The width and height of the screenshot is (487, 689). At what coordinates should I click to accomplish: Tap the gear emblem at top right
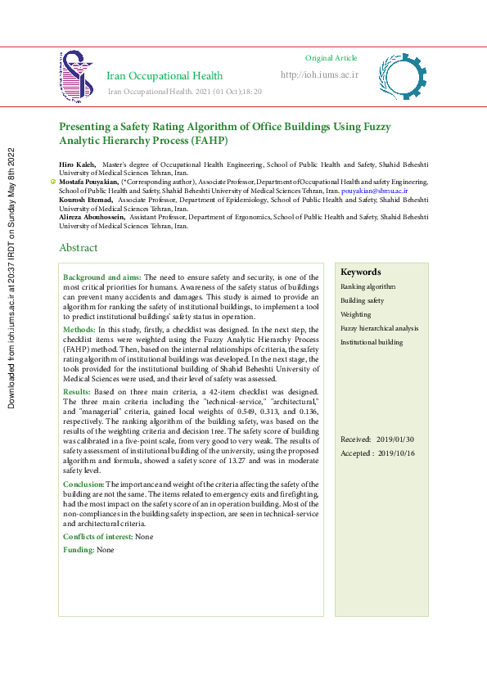click(x=402, y=77)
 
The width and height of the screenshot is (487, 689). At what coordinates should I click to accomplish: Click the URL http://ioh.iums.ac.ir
click(x=319, y=74)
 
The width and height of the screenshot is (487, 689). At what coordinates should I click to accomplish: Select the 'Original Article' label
click(x=331, y=58)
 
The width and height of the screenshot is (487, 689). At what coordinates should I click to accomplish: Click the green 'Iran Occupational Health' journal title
click(x=165, y=76)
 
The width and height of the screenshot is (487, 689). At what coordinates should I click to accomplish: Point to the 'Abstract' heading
click(x=78, y=248)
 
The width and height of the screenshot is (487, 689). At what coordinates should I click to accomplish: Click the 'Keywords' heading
click(x=360, y=272)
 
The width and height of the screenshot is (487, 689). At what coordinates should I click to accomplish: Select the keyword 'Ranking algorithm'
click(x=368, y=286)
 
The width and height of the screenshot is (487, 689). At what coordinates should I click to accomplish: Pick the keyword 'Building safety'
click(x=362, y=300)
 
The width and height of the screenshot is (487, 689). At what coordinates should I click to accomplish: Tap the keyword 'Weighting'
click(x=355, y=314)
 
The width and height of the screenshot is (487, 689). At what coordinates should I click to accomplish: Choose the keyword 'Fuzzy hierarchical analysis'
click(x=379, y=328)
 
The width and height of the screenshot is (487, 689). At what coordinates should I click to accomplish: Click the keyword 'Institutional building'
click(x=372, y=342)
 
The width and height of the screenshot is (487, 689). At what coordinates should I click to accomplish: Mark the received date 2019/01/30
click(x=395, y=440)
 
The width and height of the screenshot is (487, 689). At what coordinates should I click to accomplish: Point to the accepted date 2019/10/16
click(x=395, y=453)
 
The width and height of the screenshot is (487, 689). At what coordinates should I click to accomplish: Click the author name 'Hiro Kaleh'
click(x=77, y=164)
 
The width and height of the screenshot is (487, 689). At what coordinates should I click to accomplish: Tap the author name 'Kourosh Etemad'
click(x=86, y=199)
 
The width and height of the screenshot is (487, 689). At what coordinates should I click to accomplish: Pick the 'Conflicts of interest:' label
click(x=98, y=537)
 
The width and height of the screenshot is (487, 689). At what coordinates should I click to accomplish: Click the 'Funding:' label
click(x=79, y=550)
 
